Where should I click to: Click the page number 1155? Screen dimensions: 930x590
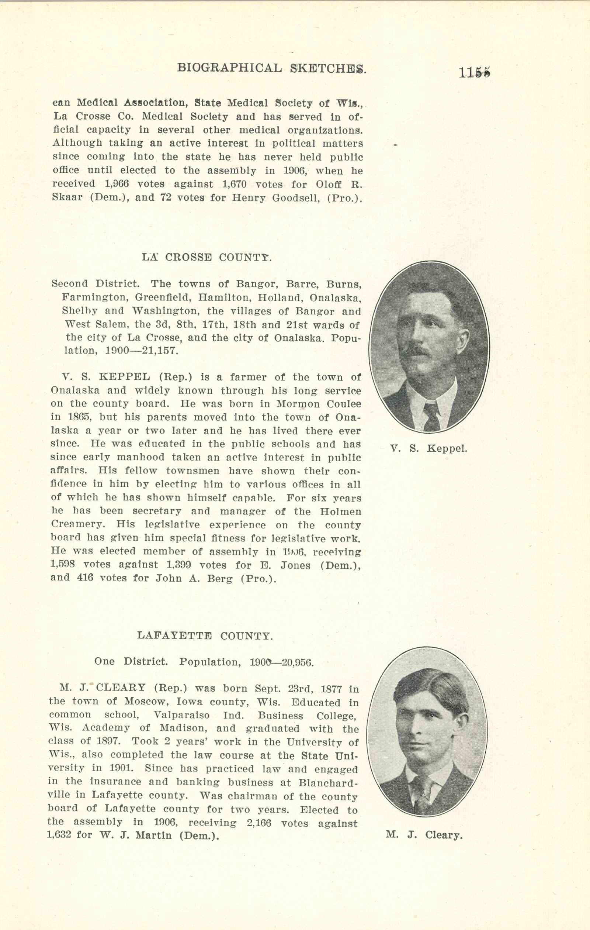coord(474,72)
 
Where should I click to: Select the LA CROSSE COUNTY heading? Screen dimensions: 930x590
coord(206,257)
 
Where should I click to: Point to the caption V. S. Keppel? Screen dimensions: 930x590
coord(428,449)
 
